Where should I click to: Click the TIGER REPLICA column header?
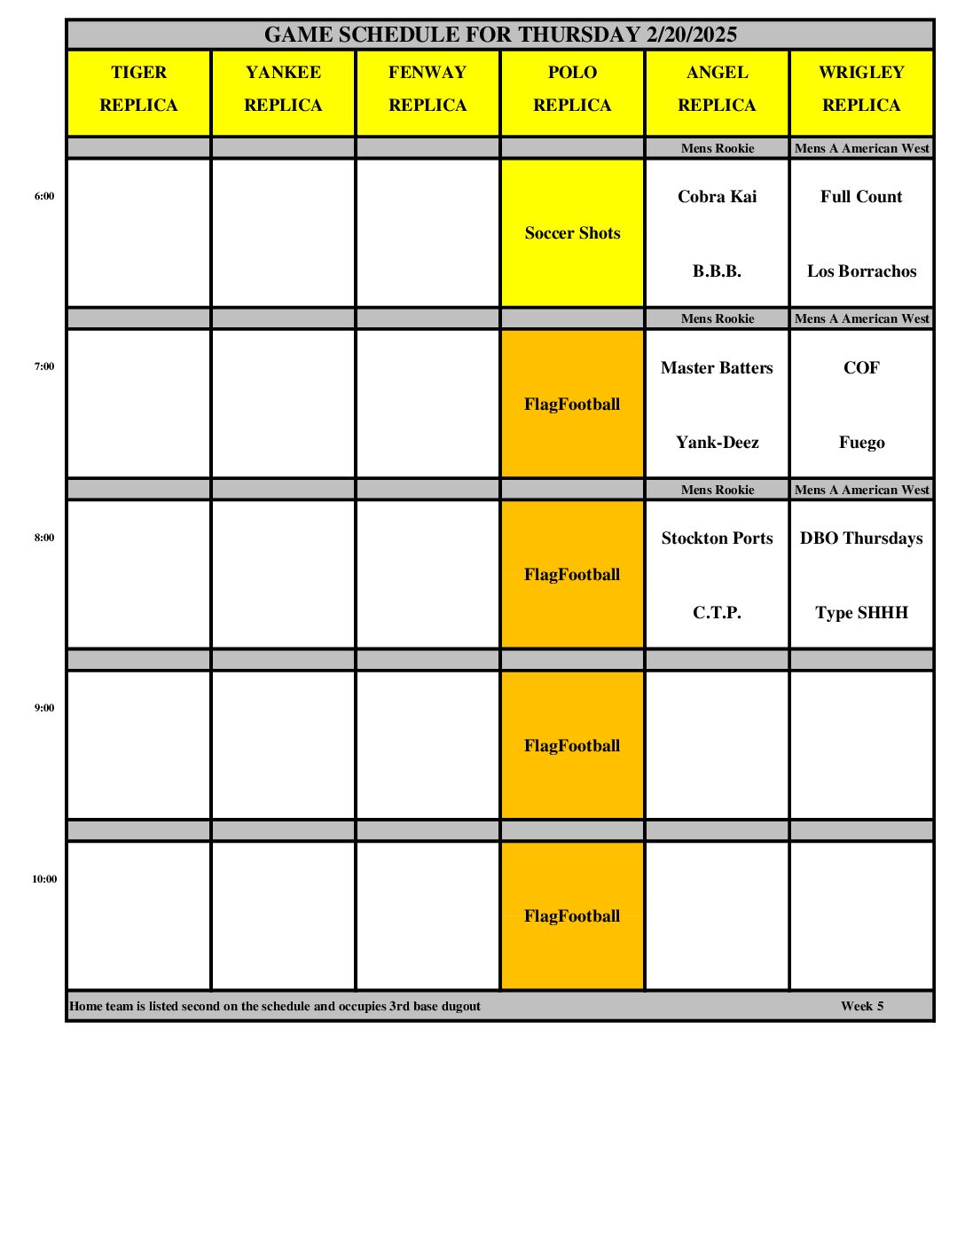[138, 89]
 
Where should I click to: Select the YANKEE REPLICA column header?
[283, 89]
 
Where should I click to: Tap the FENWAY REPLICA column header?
[428, 89]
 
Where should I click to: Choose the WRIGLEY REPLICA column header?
[861, 89]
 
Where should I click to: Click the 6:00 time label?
[44, 196]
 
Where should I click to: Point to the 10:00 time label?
[44, 879]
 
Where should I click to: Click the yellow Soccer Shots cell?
[572, 233]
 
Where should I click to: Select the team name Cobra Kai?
[717, 197]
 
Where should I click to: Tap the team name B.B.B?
[717, 271]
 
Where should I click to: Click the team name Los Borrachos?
[861, 271]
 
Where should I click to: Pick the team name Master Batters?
[717, 368]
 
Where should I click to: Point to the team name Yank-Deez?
[717, 443]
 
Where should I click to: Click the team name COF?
[861, 368]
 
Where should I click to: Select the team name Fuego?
[861, 443]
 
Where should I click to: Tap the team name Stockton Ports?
[717, 538]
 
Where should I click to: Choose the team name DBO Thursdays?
[861, 538]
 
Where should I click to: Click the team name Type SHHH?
[861, 613]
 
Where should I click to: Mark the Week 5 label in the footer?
[862, 1006]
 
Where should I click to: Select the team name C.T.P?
[717, 613]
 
